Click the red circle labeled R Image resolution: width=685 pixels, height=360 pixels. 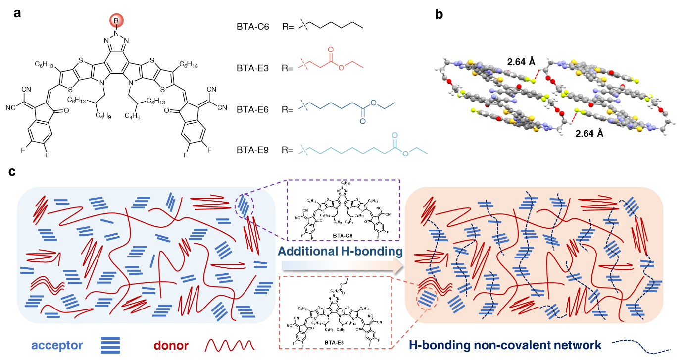(x=116, y=21)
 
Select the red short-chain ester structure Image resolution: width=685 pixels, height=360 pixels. (x=331, y=60)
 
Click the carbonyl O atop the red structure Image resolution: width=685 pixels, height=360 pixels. (x=331, y=50)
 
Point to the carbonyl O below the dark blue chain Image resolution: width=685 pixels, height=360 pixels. (x=363, y=121)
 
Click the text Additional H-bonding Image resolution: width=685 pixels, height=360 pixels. (x=340, y=251)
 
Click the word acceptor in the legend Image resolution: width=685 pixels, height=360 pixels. (x=57, y=345)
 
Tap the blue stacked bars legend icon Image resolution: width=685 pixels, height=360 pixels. (x=110, y=345)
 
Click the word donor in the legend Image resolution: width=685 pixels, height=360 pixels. (x=171, y=345)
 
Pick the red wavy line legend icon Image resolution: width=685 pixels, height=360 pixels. (x=230, y=345)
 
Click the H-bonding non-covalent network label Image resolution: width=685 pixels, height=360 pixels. (x=505, y=345)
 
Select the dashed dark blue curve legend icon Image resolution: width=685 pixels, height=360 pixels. (x=641, y=346)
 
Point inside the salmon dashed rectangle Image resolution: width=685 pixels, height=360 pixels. (x=335, y=312)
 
